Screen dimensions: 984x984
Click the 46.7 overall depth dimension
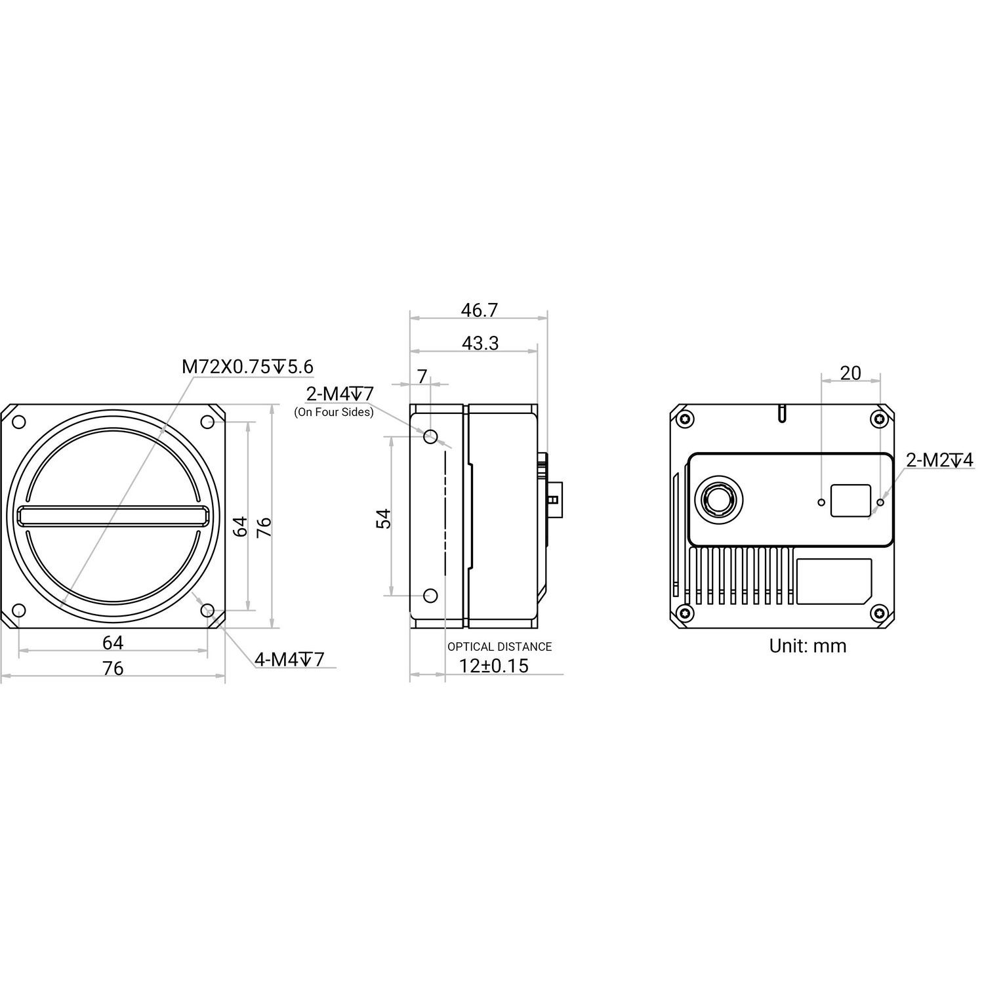pyautogui.click(x=479, y=310)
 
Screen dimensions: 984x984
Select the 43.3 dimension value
pyautogui.click(x=480, y=342)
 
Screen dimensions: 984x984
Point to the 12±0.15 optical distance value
pyautogui.click(x=493, y=666)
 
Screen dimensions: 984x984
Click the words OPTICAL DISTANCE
pyautogui.click(x=499, y=647)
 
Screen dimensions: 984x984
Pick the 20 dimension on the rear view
pyautogui.click(x=850, y=373)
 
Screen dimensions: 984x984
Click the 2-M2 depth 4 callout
pyautogui.click(x=939, y=461)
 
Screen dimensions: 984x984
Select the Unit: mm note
pyautogui.click(x=808, y=646)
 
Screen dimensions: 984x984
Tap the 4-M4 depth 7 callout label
pyautogui.click(x=289, y=659)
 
